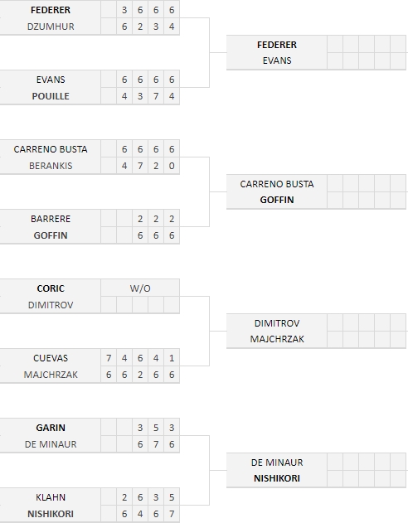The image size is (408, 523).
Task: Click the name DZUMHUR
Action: click(51, 27)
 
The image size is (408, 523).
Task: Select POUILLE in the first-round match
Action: click(51, 96)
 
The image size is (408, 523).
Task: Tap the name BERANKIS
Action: click(51, 166)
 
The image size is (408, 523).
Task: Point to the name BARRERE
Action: click(51, 219)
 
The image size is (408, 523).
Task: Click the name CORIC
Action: click(51, 288)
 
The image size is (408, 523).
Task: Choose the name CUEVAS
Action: click(51, 359)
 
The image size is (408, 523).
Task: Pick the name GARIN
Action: click(51, 428)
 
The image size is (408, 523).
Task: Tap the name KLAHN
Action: click(51, 497)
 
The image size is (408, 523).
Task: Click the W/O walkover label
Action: click(140, 288)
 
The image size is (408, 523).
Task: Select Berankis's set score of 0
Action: click(172, 166)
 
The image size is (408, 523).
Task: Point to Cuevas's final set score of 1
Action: click(172, 359)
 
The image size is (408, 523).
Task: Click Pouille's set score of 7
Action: click(156, 96)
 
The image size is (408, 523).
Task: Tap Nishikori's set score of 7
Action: click(172, 514)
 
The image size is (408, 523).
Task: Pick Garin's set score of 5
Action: click(156, 428)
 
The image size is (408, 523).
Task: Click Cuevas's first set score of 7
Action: click(109, 359)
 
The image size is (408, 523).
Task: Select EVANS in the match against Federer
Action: click(277, 61)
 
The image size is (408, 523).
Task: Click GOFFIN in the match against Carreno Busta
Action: click(277, 200)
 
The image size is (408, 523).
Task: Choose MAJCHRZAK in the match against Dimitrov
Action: click(277, 339)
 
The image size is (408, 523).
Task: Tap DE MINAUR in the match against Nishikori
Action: click(277, 463)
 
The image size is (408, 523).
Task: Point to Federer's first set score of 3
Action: click(124, 10)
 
